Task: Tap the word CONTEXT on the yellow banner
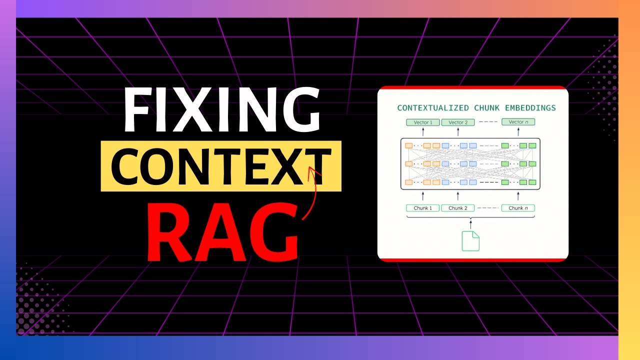[x=221, y=166]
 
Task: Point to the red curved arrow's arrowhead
[x=312, y=171]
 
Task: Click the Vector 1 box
[x=422, y=122]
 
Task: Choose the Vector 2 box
[x=457, y=122]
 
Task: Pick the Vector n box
[x=518, y=122]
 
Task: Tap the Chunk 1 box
[x=422, y=208]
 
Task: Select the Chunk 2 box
[x=457, y=208]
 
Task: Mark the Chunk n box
[x=518, y=208]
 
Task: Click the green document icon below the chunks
[x=470, y=240]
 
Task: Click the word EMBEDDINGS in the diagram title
[x=531, y=108]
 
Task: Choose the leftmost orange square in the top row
[x=408, y=145]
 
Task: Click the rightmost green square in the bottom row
[x=532, y=182]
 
